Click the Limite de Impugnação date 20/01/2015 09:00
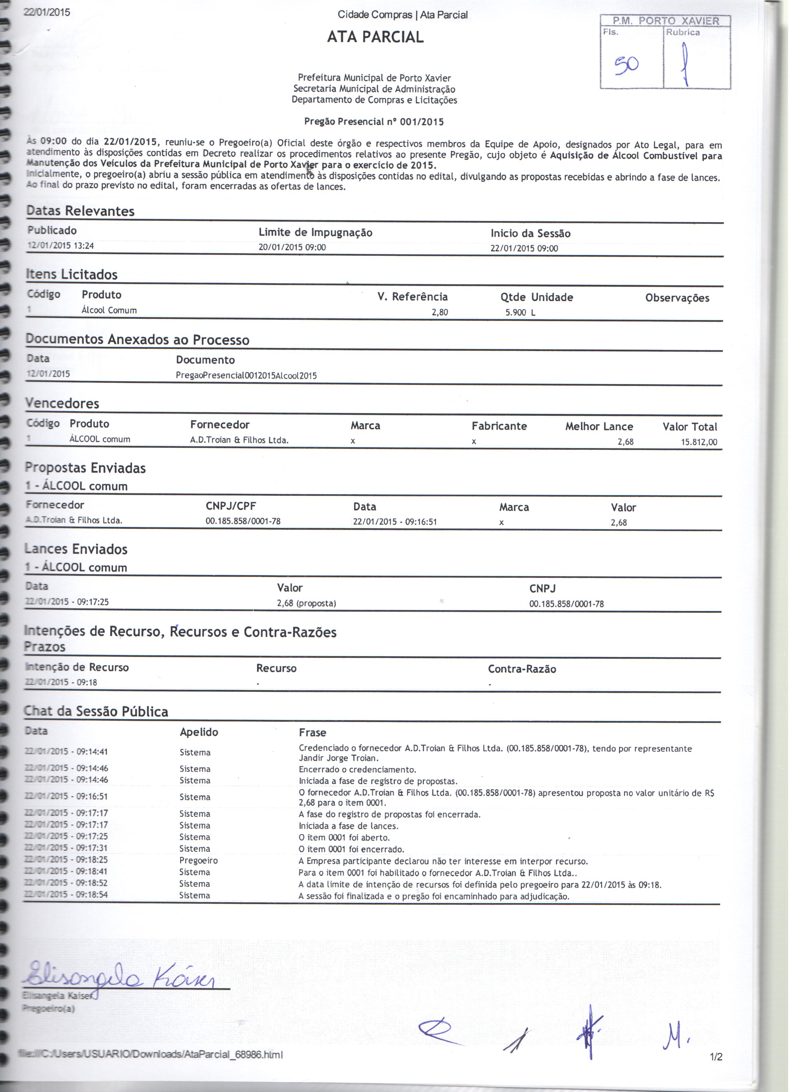pos(292,248)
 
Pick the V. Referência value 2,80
pos(439,312)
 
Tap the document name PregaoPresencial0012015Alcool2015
pos(246,376)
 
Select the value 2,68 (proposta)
pos(306,603)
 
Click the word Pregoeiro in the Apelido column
pos(199,860)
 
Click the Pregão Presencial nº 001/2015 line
pos(374,122)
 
